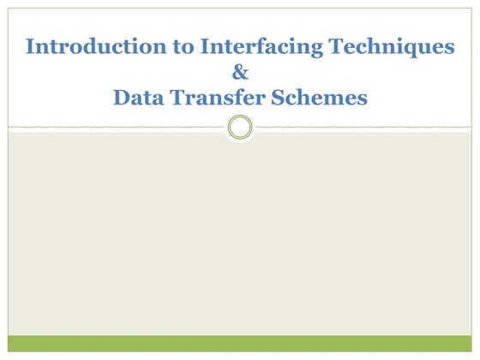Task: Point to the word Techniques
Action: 393,47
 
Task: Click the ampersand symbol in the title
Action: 240,73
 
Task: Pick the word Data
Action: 140,99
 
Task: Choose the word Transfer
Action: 220,99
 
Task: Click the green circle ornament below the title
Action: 241,128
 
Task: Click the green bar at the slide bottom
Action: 240,343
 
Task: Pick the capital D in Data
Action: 121,99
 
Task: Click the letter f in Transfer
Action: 233,99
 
